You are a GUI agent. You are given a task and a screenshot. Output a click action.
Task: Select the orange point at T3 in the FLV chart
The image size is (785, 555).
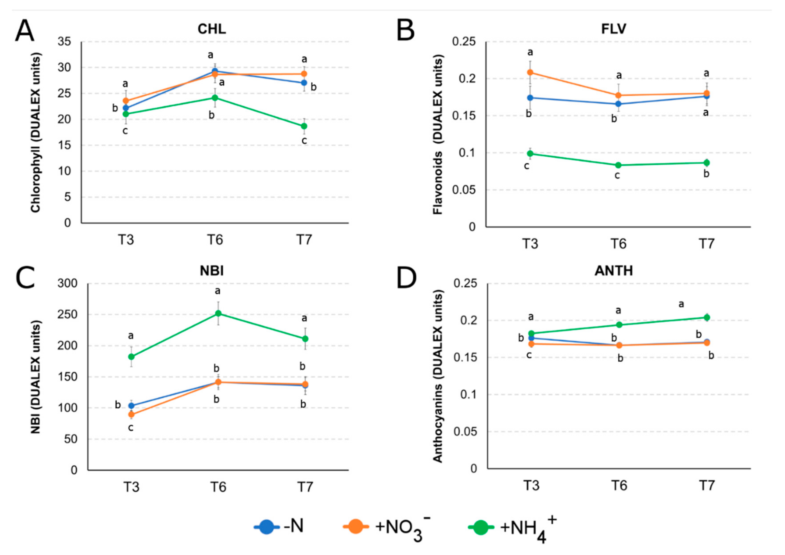(x=530, y=72)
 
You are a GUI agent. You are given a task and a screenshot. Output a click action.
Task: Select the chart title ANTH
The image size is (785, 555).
(x=614, y=271)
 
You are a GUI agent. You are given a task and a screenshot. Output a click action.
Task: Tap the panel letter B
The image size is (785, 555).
(x=406, y=31)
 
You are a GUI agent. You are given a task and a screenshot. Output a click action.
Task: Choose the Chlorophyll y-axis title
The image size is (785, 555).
(x=36, y=133)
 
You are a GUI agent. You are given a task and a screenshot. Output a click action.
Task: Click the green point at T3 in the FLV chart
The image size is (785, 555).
(x=530, y=154)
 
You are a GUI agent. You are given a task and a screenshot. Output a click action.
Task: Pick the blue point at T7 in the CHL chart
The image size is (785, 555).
(x=304, y=83)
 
